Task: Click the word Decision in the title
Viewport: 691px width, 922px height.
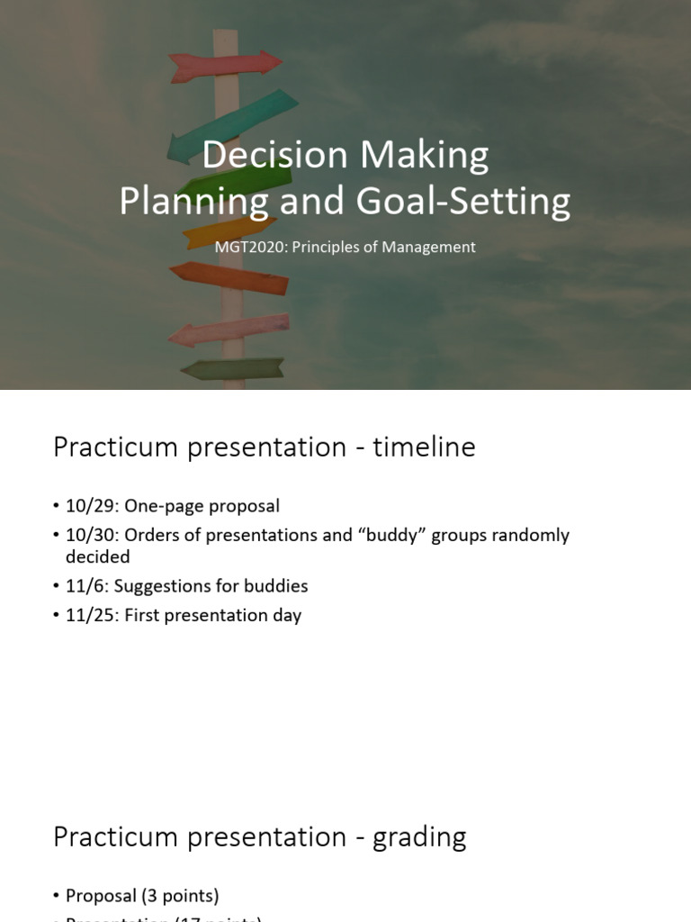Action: [274, 155]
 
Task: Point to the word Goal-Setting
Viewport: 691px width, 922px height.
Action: [463, 201]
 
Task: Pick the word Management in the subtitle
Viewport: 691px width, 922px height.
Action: [426, 247]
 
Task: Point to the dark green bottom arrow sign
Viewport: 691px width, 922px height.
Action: [234, 368]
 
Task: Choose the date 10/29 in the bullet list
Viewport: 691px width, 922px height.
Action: [85, 506]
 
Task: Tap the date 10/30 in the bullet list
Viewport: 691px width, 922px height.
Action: [85, 535]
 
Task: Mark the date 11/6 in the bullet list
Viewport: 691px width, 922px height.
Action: [82, 586]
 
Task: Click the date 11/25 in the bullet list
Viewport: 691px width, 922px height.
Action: [85, 616]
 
